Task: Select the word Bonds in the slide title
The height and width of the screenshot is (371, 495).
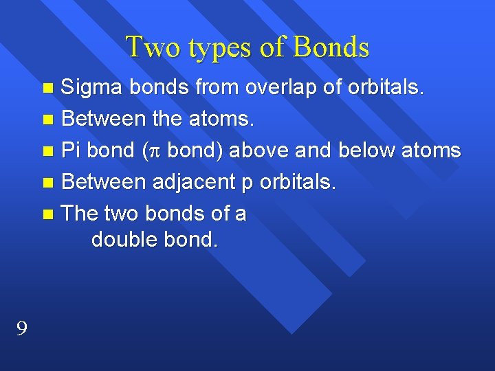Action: click(x=331, y=47)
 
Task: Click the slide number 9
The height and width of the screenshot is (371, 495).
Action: click(x=22, y=330)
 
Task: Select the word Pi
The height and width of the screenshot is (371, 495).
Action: click(x=71, y=150)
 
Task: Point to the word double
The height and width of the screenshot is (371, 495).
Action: click(x=124, y=240)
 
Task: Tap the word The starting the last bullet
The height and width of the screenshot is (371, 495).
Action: click(x=80, y=214)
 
